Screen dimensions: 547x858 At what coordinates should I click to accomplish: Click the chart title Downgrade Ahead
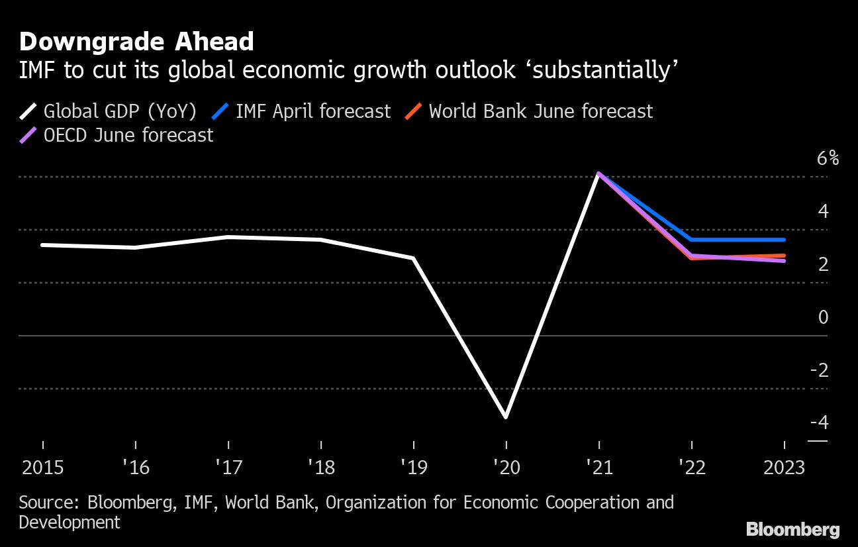[x=136, y=42]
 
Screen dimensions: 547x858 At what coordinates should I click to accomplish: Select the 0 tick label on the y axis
[x=823, y=317]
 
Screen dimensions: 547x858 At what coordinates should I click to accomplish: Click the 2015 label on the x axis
[x=43, y=468]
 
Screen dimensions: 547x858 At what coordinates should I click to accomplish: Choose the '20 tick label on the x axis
[x=506, y=468]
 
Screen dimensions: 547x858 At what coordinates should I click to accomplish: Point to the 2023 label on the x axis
[x=784, y=468]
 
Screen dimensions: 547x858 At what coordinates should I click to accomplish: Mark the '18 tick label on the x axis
[x=321, y=468]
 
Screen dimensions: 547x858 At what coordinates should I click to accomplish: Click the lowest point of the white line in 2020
[x=506, y=417]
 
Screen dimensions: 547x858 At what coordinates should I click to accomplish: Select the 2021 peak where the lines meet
[x=598, y=174]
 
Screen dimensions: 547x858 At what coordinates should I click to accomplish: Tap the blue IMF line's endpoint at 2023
[x=784, y=240]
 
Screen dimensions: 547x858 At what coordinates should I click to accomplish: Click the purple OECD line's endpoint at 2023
[x=784, y=261]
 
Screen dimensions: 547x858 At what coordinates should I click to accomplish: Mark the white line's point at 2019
[x=414, y=258]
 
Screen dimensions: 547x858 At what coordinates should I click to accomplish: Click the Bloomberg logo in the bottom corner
[x=792, y=530]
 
